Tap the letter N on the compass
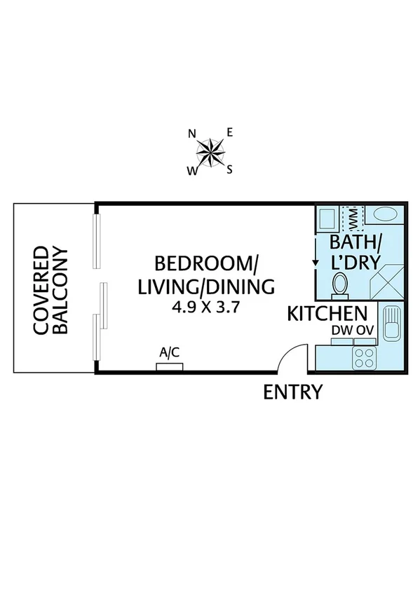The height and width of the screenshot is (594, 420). [191, 133]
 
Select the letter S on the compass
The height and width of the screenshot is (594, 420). [229, 169]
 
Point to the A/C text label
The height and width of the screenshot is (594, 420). [170, 352]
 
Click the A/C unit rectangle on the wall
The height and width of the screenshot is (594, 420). [170, 366]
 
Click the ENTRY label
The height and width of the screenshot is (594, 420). [292, 392]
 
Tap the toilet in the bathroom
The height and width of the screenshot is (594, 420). [340, 284]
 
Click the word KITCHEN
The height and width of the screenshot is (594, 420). [327, 314]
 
